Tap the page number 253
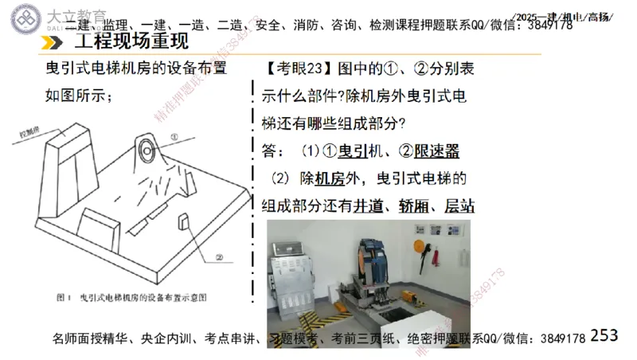[604, 335]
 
